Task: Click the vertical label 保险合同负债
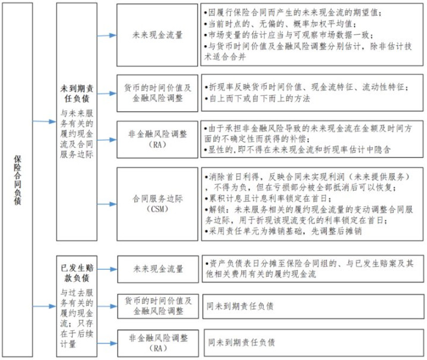pyautogui.click(x=17, y=180)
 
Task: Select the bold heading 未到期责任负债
pyautogui.click(x=77, y=93)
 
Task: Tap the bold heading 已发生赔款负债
pyautogui.click(x=77, y=273)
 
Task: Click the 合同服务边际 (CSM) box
pyautogui.click(x=157, y=204)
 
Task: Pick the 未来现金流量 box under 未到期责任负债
pyautogui.click(x=157, y=35)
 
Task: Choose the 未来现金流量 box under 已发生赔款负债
pyautogui.click(x=158, y=269)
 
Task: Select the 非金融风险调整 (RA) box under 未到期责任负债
pyautogui.click(x=157, y=140)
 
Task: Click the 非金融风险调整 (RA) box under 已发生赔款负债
pyautogui.click(x=158, y=343)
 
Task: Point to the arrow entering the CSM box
pyautogui.click(x=107, y=204)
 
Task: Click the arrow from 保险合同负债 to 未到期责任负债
pyautogui.click(x=45, y=121)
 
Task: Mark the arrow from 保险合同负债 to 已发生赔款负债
pyautogui.click(x=45, y=307)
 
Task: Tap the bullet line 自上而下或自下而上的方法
pyautogui.click(x=257, y=98)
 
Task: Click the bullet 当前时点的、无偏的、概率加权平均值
pyautogui.click(x=280, y=24)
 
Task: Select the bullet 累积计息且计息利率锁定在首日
pyautogui.click(x=268, y=198)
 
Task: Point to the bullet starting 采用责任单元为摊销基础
pyautogui.click(x=283, y=231)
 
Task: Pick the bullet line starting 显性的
pyautogui.click(x=298, y=150)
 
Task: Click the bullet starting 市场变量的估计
pyautogui.click(x=289, y=35)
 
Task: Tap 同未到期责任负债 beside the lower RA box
pyautogui.click(x=241, y=342)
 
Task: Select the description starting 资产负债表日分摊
pyautogui.click(x=309, y=269)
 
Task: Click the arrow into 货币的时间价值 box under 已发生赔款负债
pyautogui.click(x=107, y=307)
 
